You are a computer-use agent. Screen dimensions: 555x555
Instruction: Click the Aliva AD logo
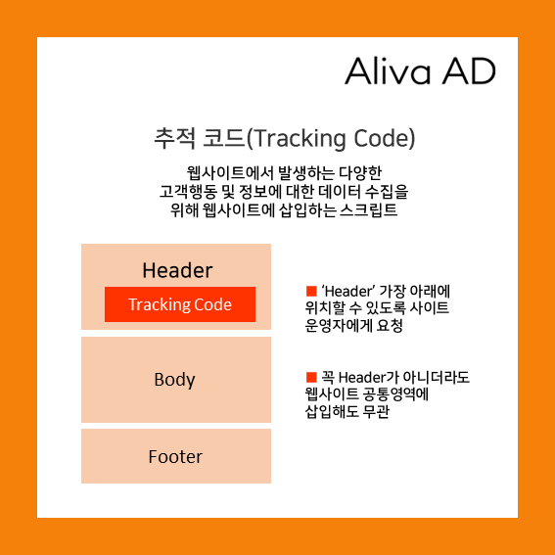(420, 70)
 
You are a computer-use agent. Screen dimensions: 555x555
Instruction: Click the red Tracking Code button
(180, 304)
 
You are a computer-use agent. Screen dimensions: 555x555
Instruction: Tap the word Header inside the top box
(177, 270)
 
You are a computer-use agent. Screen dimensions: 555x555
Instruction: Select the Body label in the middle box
(175, 380)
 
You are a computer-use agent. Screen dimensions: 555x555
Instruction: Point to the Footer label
(175, 456)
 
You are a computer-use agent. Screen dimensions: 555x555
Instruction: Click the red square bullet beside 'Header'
(311, 291)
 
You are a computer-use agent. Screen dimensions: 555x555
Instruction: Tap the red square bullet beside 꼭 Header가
(311, 377)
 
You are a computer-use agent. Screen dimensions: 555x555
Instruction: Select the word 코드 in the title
(205, 138)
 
